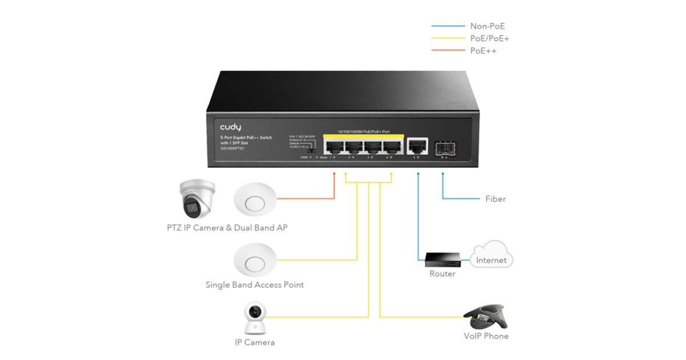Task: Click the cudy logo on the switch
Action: (231, 127)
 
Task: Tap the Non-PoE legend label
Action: (487, 26)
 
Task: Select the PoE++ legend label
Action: (483, 51)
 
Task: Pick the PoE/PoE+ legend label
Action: (489, 38)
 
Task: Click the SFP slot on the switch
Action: (442, 147)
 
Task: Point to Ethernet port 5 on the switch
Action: (418, 146)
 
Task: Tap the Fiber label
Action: (495, 199)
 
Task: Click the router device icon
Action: (442, 261)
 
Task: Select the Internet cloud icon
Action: (491, 256)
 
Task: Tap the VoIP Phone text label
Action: (486, 336)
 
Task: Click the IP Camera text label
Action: (254, 342)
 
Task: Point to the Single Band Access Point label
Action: (254, 285)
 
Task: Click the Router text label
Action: (442, 274)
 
